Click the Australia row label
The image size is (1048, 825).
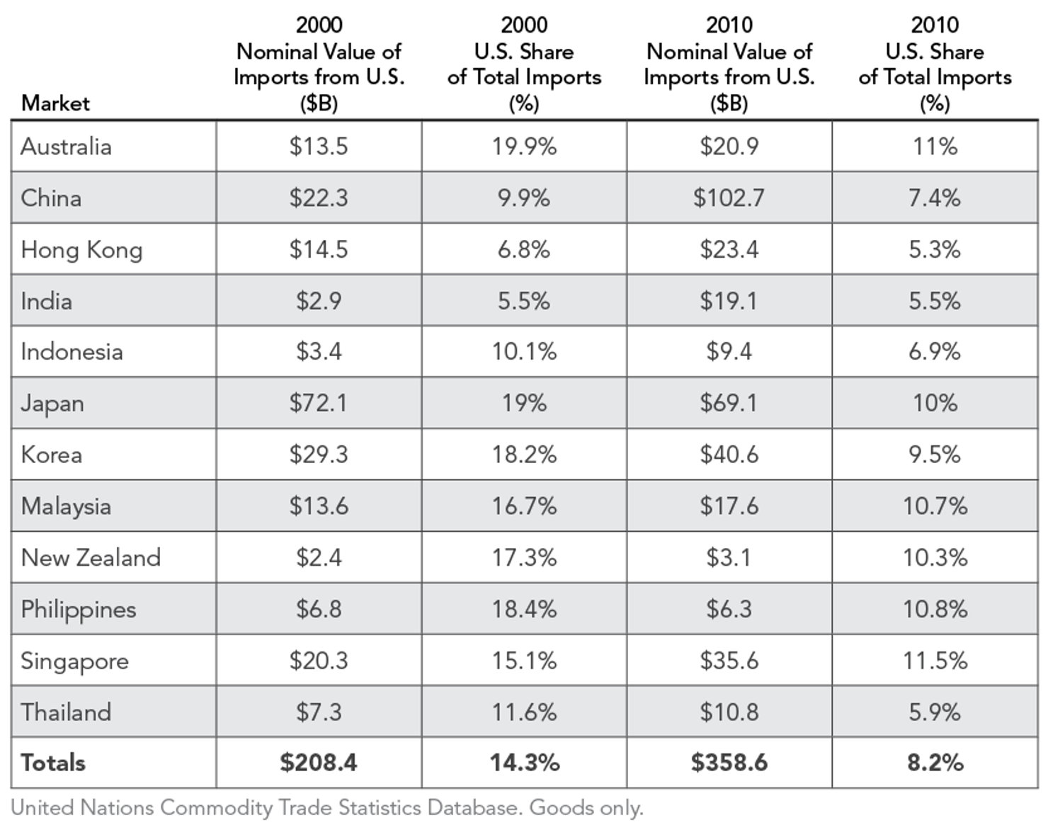(x=66, y=147)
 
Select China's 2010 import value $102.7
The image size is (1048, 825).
(x=729, y=198)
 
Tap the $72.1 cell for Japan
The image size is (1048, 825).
(x=318, y=403)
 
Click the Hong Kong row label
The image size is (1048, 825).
(x=81, y=250)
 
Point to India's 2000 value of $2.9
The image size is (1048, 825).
(x=318, y=301)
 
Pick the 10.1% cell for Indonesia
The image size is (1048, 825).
(x=524, y=352)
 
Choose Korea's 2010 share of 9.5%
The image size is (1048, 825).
(x=934, y=455)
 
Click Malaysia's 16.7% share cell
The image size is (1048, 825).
(x=524, y=506)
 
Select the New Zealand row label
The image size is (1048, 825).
(x=91, y=558)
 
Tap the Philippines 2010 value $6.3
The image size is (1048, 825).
(x=729, y=609)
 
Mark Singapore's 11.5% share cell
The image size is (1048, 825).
(x=934, y=661)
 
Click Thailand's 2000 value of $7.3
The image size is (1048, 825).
(x=318, y=712)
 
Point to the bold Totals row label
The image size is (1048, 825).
(x=53, y=763)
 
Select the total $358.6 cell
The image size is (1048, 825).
(x=729, y=763)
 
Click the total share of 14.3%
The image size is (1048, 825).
(x=524, y=763)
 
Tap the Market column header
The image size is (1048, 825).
(x=55, y=103)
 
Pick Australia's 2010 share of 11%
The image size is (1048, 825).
(x=934, y=147)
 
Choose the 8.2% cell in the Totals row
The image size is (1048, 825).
(x=934, y=763)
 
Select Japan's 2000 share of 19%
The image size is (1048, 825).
(x=524, y=403)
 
